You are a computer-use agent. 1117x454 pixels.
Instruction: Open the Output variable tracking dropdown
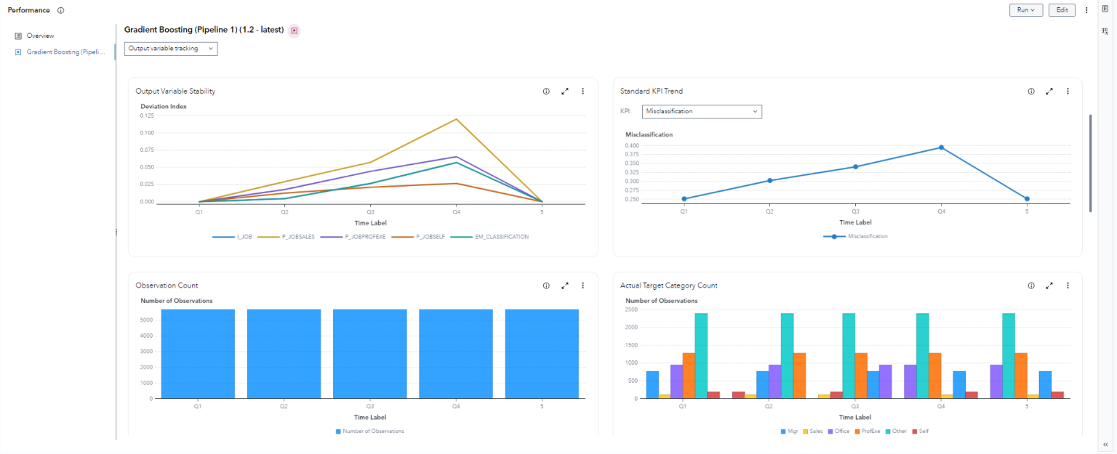pos(171,49)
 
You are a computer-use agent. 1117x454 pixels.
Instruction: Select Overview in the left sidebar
pos(40,36)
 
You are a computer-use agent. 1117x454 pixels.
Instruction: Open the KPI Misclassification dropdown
pos(702,112)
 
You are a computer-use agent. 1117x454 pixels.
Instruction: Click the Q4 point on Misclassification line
pos(941,147)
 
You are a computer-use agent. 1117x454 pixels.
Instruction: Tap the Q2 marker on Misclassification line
pos(769,180)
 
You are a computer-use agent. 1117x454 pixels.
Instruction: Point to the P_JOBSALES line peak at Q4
pos(456,119)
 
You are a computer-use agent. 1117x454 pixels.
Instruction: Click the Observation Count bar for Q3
pos(370,354)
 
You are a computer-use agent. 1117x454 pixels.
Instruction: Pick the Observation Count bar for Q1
pos(198,354)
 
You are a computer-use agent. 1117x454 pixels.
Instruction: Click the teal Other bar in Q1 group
pos(701,356)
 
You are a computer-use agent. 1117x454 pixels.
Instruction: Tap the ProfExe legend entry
pos(870,431)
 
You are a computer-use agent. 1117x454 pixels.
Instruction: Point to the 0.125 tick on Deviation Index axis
pos(146,115)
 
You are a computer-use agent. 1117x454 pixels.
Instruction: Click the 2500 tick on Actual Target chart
pos(632,309)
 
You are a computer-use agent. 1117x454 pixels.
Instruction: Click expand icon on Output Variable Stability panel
pos(565,92)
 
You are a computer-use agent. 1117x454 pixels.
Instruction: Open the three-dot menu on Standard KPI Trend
pos(1068,92)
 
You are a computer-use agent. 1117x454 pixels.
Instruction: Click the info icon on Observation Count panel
pos(546,285)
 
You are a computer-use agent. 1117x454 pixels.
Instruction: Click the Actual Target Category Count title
pos(668,285)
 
